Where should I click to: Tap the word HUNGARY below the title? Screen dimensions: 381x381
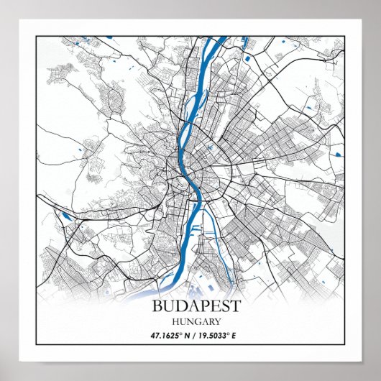(196, 321)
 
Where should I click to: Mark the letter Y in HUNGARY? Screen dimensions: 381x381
(216, 321)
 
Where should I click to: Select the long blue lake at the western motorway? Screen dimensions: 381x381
(65, 214)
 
